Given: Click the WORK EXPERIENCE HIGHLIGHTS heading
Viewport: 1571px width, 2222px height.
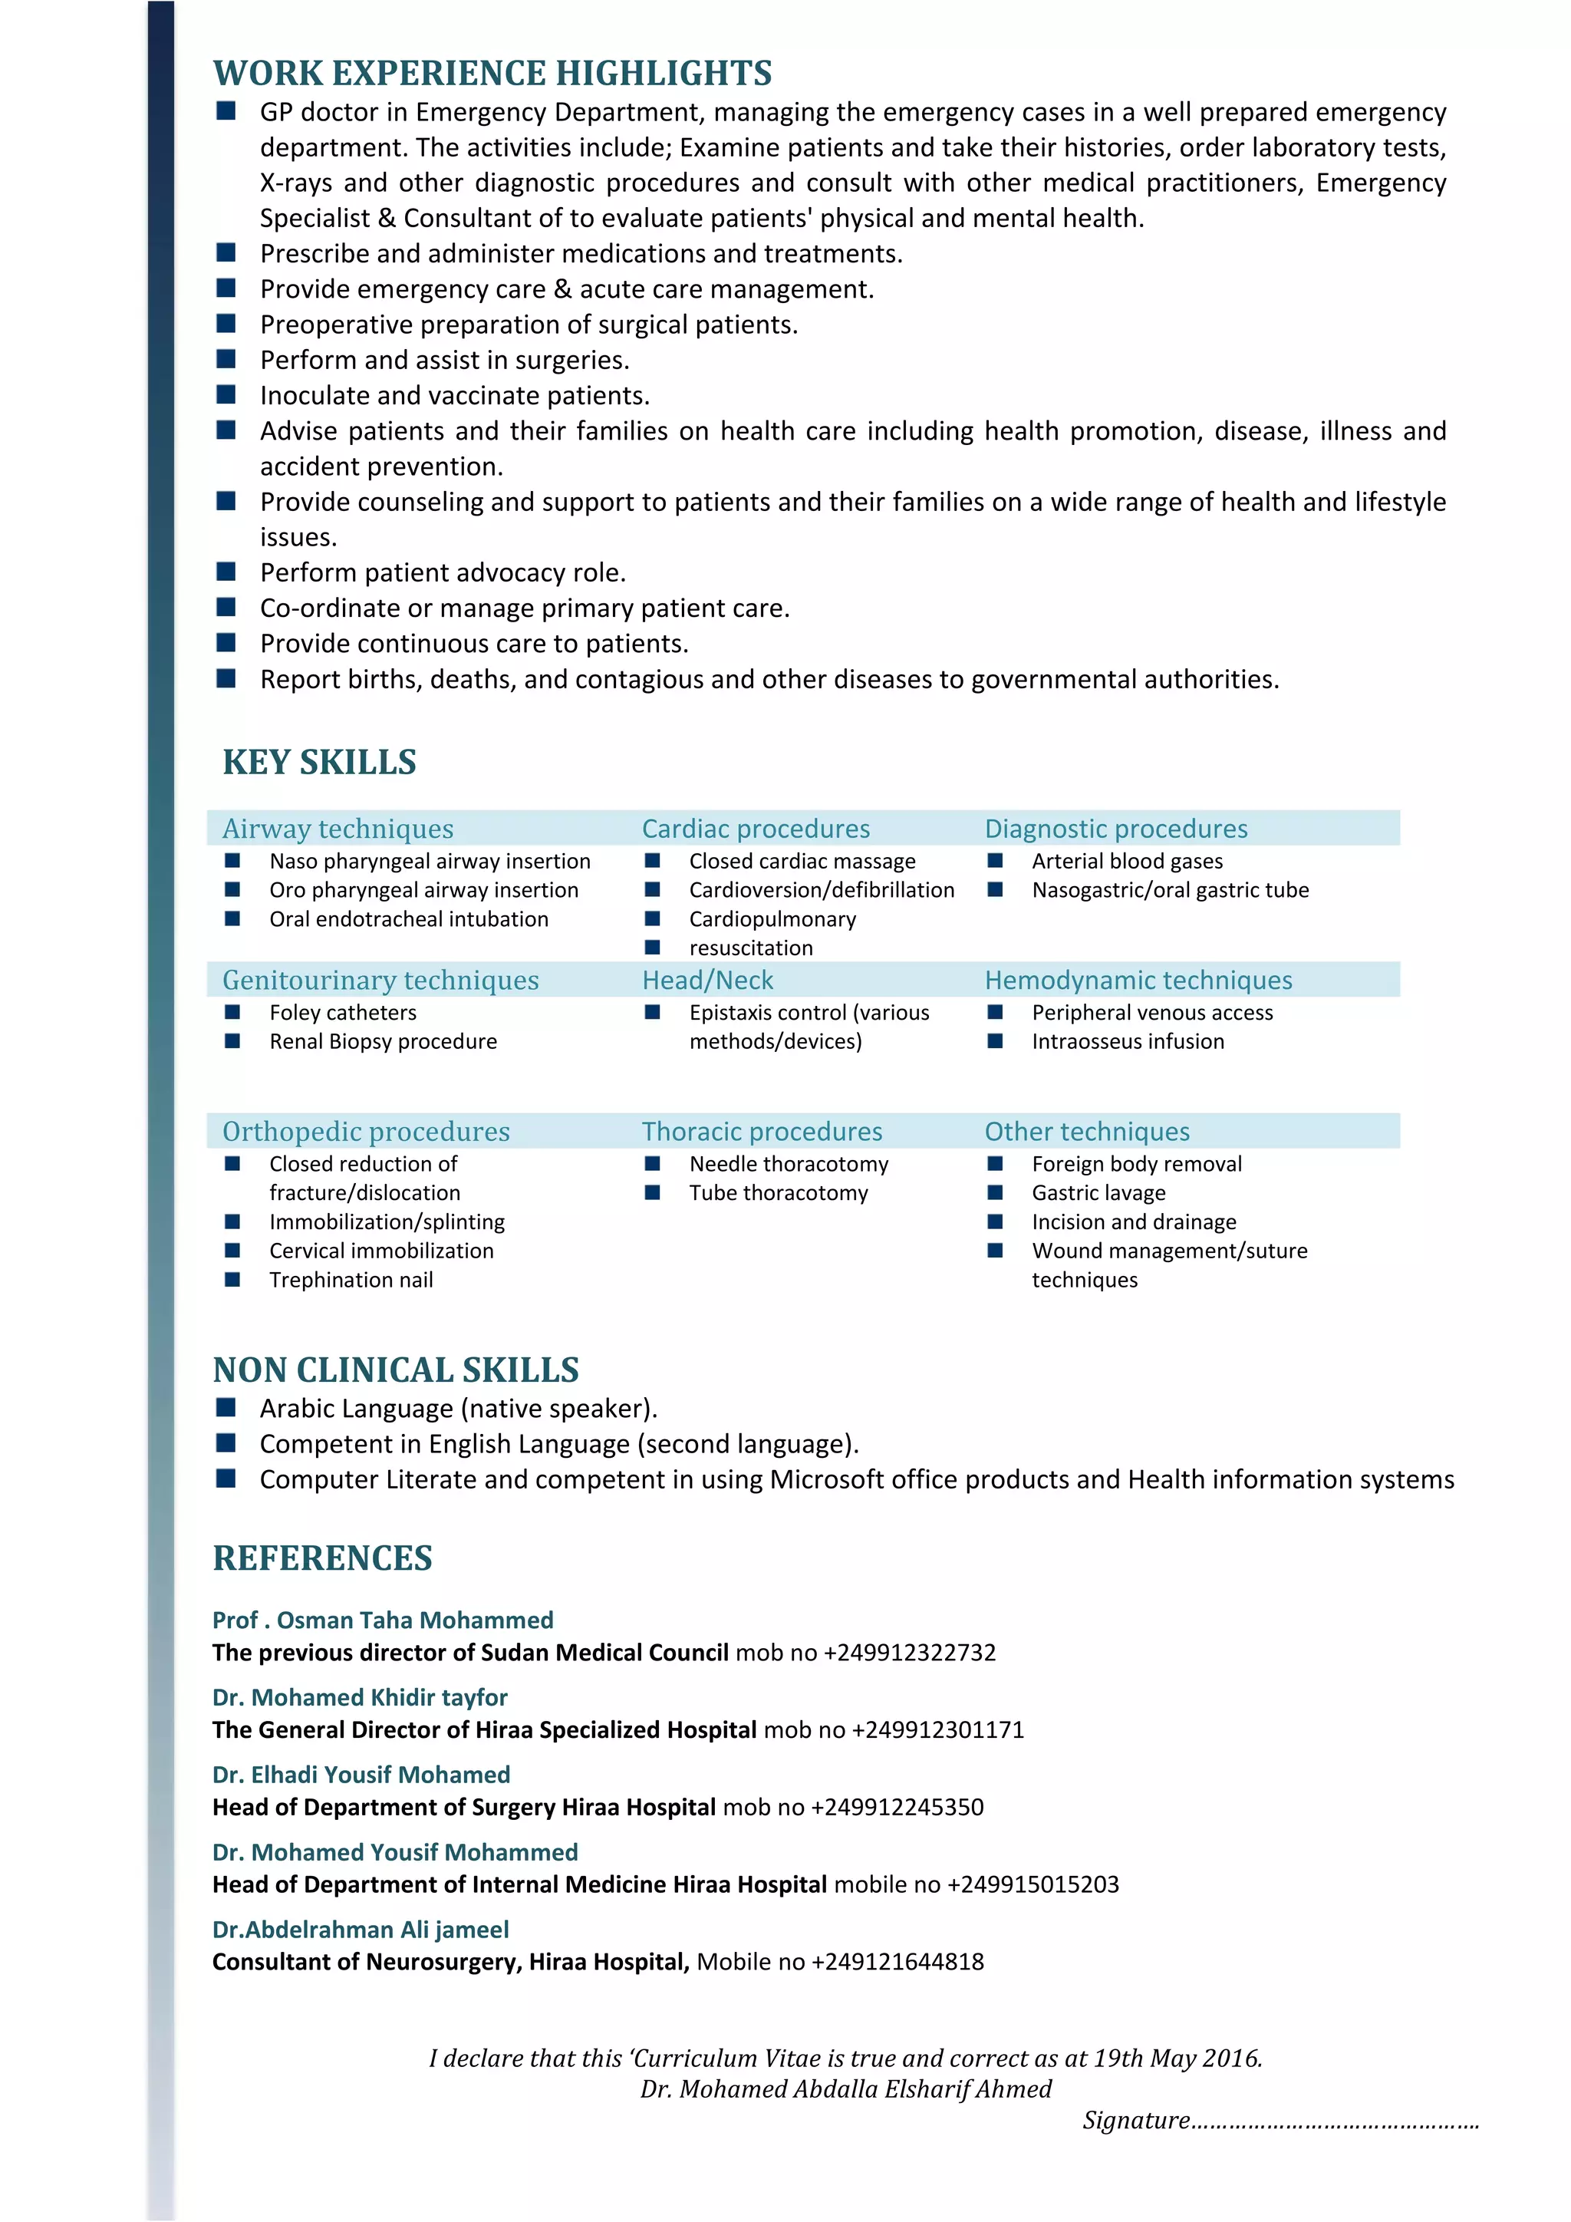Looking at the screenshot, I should [x=492, y=74].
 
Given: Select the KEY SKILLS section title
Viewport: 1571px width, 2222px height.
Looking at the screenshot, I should [x=319, y=763].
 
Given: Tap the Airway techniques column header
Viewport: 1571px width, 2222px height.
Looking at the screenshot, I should [x=338, y=829].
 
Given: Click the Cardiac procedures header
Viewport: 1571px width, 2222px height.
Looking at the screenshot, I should [x=756, y=829].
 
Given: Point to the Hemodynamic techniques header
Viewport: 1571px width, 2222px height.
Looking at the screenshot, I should [x=1138, y=981].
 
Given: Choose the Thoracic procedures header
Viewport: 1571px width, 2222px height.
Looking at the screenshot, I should [x=761, y=1132].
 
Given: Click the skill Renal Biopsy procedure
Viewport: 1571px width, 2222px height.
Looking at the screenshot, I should [x=383, y=1041].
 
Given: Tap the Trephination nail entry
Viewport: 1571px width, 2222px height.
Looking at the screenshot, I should [x=351, y=1281].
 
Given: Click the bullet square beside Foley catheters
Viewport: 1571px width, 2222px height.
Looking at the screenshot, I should [x=232, y=1012].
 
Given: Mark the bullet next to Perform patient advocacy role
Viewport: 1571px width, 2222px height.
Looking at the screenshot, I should [x=226, y=571].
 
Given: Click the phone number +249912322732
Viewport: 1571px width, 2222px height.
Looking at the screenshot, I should [x=909, y=1653].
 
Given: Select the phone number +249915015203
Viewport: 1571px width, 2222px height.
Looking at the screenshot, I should [x=1033, y=1885].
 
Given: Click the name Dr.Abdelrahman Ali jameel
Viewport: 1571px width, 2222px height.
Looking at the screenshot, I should [x=360, y=1930].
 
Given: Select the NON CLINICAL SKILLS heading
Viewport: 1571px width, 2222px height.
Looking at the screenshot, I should [x=396, y=1370].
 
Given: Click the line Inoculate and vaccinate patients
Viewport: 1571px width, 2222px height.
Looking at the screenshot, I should [x=455, y=396].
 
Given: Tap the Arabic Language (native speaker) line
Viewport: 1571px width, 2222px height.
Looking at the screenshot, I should [x=457, y=1409].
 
